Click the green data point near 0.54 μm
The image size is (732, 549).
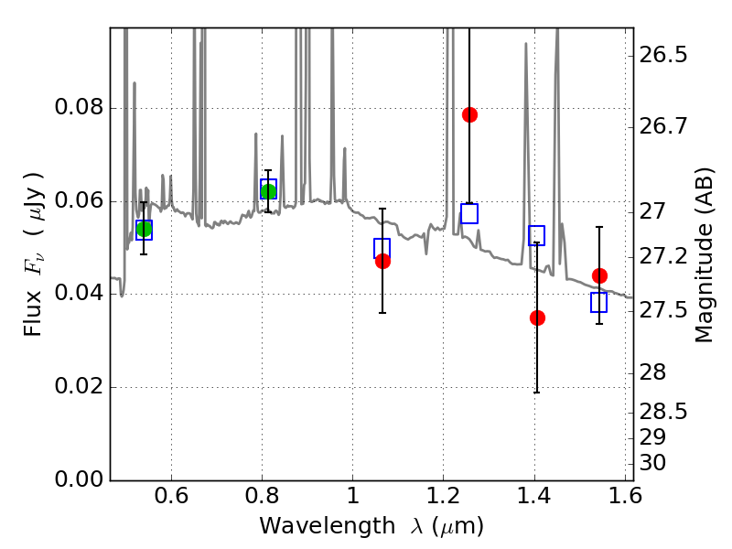[x=144, y=229]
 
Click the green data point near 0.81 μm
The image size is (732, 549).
[x=268, y=190]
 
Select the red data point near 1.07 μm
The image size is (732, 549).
[x=382, y=261]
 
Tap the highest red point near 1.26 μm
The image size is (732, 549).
[x=469, y=114]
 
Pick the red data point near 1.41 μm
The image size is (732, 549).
[x=537, y=318]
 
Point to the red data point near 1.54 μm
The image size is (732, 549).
[x=599, y=275]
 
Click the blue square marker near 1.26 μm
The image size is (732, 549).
[x=469, y=214]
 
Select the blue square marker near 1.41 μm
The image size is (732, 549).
[x=536, y=235]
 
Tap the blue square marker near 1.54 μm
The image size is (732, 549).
[x=599, y=302]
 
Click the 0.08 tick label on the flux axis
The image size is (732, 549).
[x=79, y=108]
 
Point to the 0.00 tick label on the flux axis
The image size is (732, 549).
[x=79, y=479]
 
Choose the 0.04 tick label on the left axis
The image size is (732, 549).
[x=79, y=294]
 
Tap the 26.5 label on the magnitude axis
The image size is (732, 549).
[x=664, y=55]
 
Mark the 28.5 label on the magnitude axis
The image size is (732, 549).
[x=664, y=412]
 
